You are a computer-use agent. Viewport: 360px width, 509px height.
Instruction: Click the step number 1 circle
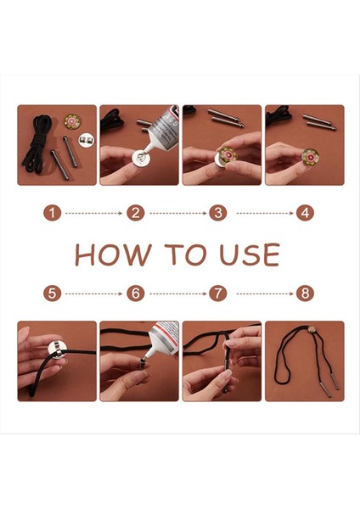tap(52, 213)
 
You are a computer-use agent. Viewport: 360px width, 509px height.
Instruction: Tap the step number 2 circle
tap(136, 213)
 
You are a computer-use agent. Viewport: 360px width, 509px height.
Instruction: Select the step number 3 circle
tap(218, 213)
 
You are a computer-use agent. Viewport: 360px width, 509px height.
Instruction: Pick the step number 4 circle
tap(305, 213)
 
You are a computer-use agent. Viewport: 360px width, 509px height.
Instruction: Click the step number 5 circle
tap(52, 294)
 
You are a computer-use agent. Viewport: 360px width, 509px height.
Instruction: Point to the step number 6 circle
tap(136, 294)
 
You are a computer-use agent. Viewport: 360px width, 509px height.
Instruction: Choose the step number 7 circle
tap(218, 294)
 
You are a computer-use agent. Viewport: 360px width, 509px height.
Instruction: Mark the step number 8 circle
tap(305, 294)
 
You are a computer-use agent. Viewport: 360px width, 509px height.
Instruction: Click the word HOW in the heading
tap(114, 255)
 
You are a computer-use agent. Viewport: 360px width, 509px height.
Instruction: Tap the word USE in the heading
tap(250, 255)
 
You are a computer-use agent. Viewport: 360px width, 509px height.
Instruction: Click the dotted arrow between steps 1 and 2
tap(93, 213)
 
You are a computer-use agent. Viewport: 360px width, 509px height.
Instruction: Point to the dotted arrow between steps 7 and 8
tap(265, 294)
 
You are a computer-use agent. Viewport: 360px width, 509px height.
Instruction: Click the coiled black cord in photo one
tap(37, 144)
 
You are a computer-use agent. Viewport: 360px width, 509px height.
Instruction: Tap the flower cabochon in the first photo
tap(72, 121)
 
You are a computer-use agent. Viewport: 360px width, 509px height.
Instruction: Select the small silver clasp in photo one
tap(87, 140)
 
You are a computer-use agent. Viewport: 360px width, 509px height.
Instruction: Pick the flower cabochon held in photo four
tap(311, 156)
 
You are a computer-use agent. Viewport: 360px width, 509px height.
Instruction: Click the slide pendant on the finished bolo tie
tap(312, 328)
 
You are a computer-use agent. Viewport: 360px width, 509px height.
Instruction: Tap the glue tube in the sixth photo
tap(160, 339)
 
